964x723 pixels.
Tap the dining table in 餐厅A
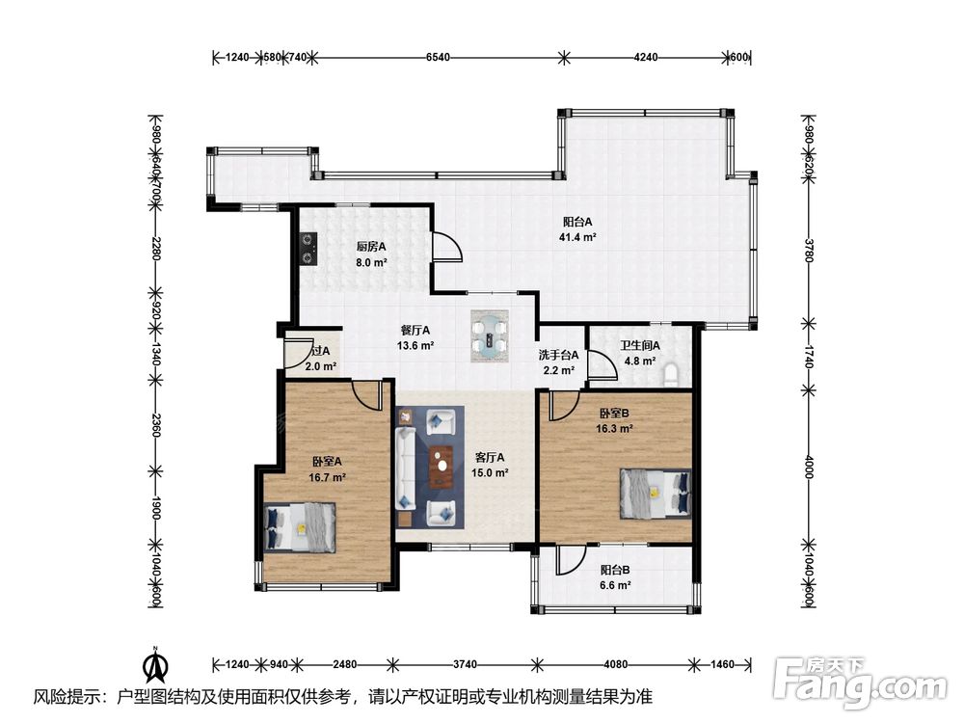(490, 336)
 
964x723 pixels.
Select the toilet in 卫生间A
(671, 375)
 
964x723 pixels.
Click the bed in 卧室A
(300, 528)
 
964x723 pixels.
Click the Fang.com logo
(861, 682)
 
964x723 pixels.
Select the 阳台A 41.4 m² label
(577, 229)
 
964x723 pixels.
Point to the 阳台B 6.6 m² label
(615, 577)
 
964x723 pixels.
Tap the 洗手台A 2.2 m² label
(558, 362)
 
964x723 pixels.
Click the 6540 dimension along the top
(438, 57)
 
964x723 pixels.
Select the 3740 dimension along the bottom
(465, 664)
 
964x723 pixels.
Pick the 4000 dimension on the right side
(809, 468)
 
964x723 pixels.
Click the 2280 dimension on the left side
(156, 249)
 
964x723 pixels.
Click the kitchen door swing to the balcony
(446, 246)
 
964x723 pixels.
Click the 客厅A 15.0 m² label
(490, 465)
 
